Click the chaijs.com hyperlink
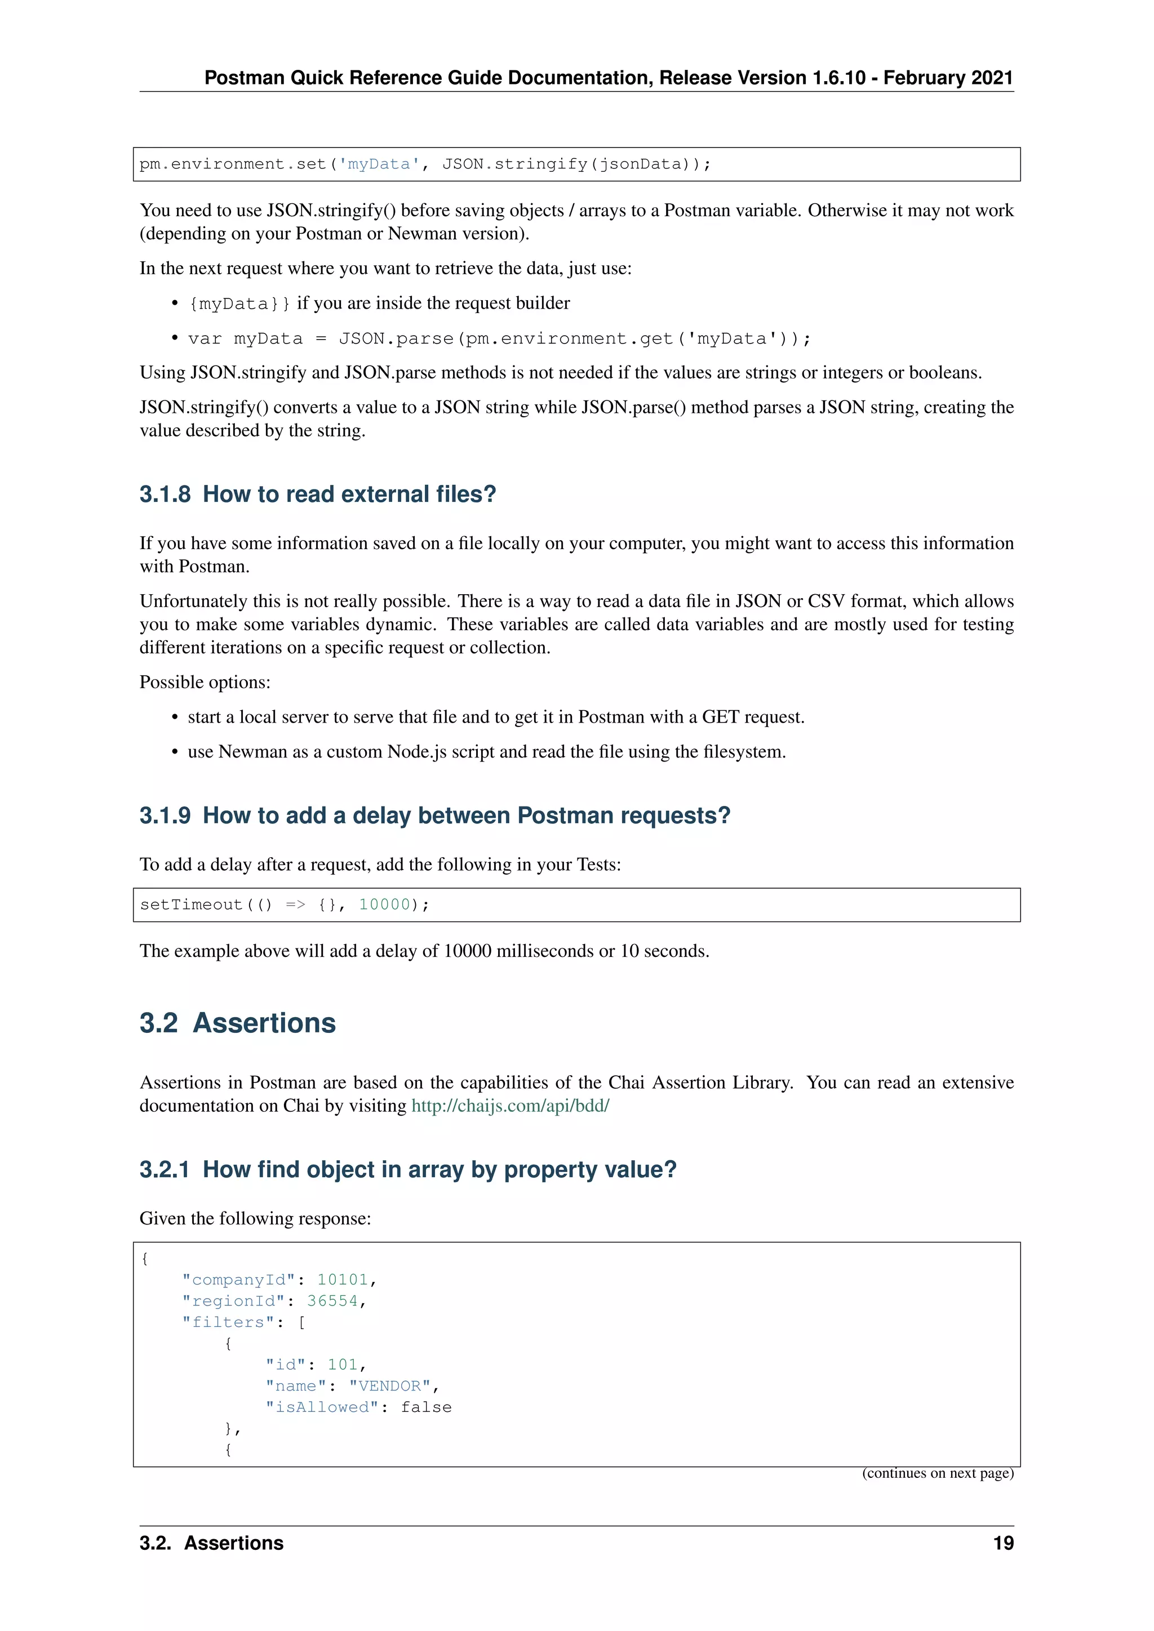[510, 1106]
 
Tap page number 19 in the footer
[1002, 1543]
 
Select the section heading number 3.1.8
[165, 494]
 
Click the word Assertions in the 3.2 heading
[264, 1023]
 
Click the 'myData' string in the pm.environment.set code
[379, 164]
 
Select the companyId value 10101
[343, 1280]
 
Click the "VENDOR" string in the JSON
[390, 1386]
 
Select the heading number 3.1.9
[165, 816]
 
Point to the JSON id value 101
[343, 1365]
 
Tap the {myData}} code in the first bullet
[239, 304]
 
